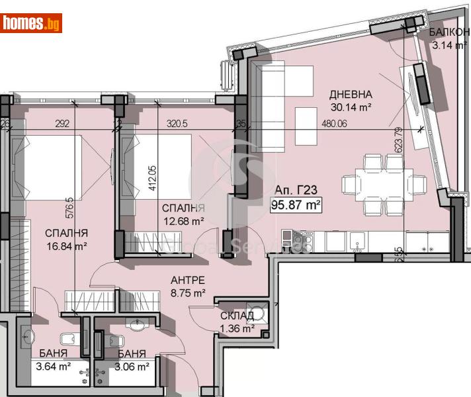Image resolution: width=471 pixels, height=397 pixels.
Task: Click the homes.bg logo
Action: click(x=31, y=23)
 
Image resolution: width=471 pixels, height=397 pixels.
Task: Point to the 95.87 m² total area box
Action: click(x=296, y=205)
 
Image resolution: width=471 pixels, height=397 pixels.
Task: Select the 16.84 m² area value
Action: click(x=67, y=245)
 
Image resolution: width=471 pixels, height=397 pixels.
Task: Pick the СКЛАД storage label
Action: click(x=237, y=315)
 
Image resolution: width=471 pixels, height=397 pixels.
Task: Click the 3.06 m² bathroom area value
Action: click(x=129, y=365)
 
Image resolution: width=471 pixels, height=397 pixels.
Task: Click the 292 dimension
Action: click(x=62, y=122)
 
